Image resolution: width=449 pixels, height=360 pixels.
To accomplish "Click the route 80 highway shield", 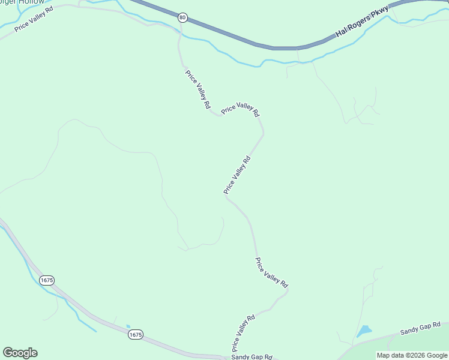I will tap(182, 17).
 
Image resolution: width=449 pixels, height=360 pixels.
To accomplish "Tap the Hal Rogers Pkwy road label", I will tap(362, 22).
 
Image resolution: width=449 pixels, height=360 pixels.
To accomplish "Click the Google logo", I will tap(20, 353).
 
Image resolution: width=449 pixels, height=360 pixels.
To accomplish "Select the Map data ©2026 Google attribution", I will tap(411, 355).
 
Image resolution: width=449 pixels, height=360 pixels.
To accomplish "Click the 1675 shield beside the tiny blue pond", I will tap(135, 335).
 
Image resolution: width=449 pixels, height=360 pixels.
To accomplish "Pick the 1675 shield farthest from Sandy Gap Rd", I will tap(47, 280).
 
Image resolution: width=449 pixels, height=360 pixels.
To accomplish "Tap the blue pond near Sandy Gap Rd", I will tap(364, 331).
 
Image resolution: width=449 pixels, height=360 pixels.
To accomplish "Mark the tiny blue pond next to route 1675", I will tap(127, 327).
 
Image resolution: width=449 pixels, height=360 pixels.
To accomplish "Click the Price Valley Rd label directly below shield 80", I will tap(198, 89).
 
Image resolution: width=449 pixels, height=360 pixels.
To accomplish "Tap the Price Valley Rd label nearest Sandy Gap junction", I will tap(244, 333).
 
